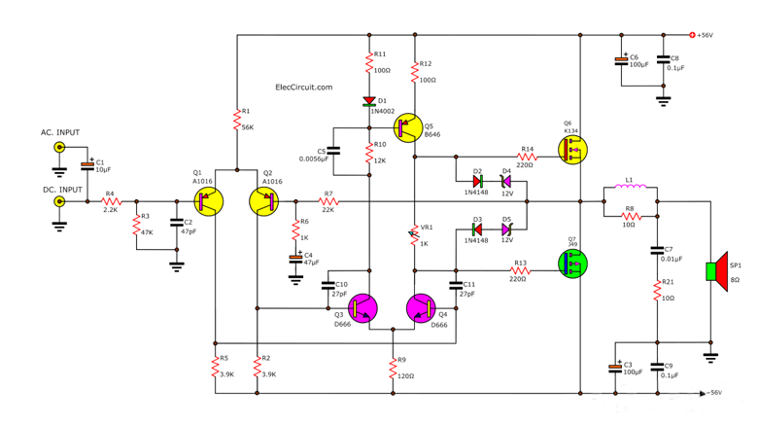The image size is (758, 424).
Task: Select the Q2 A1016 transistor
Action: tap(264, 201)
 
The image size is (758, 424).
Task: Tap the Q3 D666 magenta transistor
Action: tap(363, 308)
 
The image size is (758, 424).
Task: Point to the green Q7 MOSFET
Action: tap(572, 263)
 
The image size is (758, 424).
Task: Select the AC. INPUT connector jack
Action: tap(59, 148)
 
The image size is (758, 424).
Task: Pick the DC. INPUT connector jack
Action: tap(59, 202)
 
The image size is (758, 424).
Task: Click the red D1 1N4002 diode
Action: tap(370, 101)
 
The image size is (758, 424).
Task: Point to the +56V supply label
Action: tap(704, 35)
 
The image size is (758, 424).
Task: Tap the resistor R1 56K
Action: tap(236, 119)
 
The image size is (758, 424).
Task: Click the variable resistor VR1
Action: tap(415, 233)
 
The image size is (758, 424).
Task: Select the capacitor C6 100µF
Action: tap(621, 61)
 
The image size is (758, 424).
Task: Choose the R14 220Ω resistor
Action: tap(526, 159)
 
